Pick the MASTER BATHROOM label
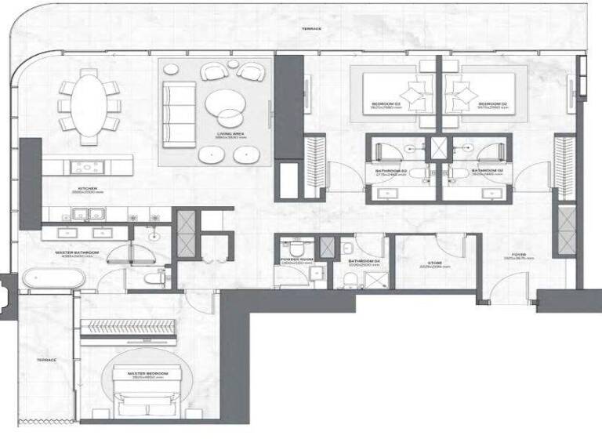tap(75, 252)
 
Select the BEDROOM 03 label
tap(386, 103)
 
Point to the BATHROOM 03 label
tap(391, 170)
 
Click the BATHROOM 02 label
tap(486, 170)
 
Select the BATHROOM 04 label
tap(365, 261)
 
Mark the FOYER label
tap(519, 254)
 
